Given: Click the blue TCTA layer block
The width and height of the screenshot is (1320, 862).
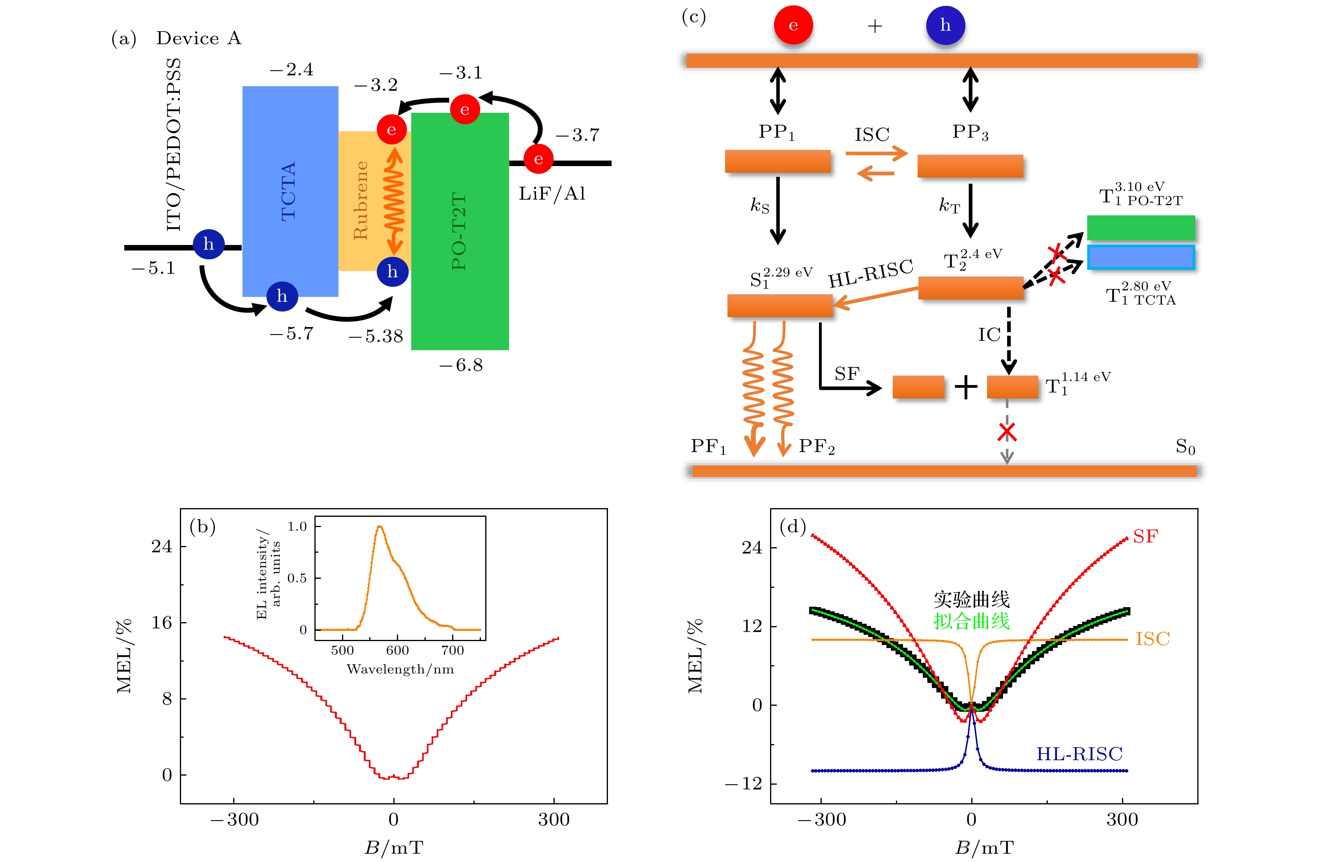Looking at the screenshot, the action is click(x=290, y=191).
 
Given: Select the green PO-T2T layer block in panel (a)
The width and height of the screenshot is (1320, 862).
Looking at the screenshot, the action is click(x=460, y=231).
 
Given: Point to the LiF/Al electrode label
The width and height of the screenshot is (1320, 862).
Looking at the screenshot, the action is click(x=552, y=194).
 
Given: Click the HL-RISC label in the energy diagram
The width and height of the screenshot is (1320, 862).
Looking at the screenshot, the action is click(x=871, y=273).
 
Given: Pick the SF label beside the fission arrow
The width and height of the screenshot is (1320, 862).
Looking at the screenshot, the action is click(x=847, y=374).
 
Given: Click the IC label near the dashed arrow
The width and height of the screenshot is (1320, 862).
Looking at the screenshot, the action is click(x=989, y=335).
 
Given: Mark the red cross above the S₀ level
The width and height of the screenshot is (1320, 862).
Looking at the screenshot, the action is click(x=1007, y=432).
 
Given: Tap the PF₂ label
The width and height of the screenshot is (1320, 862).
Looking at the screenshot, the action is click(x=816, y=447).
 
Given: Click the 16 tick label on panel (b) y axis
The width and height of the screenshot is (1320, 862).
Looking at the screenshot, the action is click(x=162, y=623).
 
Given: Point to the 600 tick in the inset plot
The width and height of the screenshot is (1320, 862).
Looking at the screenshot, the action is click(x=398, y=650).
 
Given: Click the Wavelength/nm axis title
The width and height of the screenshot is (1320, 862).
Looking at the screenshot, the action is click(x=400, y=669).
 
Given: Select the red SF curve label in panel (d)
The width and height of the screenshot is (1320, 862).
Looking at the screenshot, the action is click(x=1145, y=537).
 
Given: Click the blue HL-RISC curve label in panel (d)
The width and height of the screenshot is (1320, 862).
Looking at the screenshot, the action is click(x=1079, y=754).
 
